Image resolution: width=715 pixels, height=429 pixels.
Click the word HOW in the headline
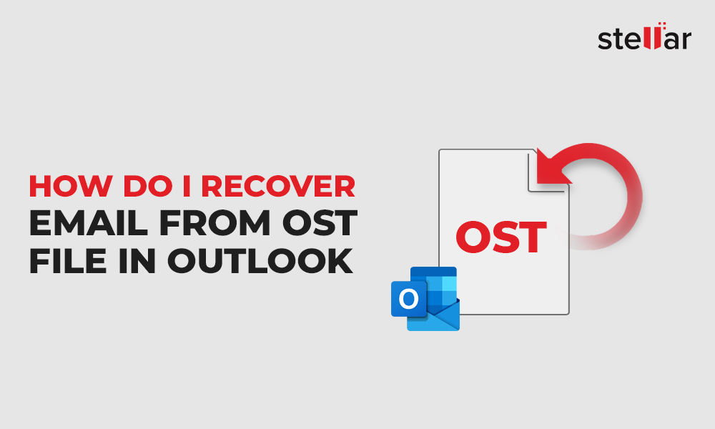coord(71,186)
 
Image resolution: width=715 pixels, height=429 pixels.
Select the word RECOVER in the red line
coord(278,186)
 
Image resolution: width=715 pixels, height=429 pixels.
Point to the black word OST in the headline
coord(319,223)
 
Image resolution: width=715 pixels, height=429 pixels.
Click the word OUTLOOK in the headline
coord(260,261)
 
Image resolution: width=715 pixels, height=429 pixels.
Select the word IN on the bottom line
coord(137,261)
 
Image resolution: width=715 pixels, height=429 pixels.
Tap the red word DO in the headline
coord(148,186)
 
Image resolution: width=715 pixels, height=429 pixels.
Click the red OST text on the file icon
coord(501,237)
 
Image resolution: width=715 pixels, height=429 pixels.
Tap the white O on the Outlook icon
coord(408,299)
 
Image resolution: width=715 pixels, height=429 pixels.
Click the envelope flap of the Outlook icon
coord(433,315)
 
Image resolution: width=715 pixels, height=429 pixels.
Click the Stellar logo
coord(644,36)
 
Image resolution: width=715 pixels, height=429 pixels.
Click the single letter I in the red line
coord(187,186)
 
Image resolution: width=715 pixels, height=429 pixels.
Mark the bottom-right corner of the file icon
coord(568,314)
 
